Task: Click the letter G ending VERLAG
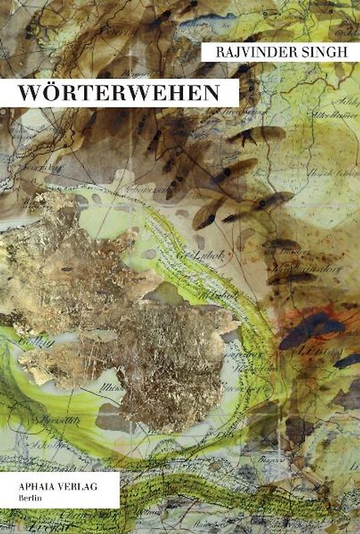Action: pos(94,487)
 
